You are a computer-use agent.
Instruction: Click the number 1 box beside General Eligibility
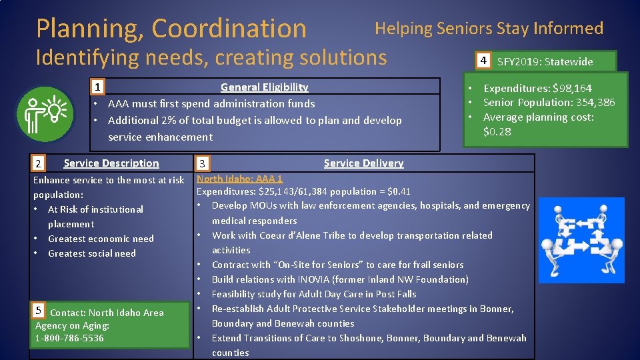[x=97, y=87]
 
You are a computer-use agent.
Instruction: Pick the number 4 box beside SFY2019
[x=485, y=61]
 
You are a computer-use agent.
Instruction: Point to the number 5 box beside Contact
[x=39, y=310]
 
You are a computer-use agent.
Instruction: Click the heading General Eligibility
[x=264, y=87]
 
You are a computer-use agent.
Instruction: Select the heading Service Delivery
[x=363, y=163]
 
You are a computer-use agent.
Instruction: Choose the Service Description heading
[x=111, y=163]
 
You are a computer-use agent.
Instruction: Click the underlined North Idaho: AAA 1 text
[x=239, y=178]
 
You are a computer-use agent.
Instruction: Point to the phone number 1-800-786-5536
[x=69, y=338]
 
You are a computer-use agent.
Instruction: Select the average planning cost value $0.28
[x=497, y=131]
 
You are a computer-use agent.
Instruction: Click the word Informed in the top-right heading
[x=570, y=29]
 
